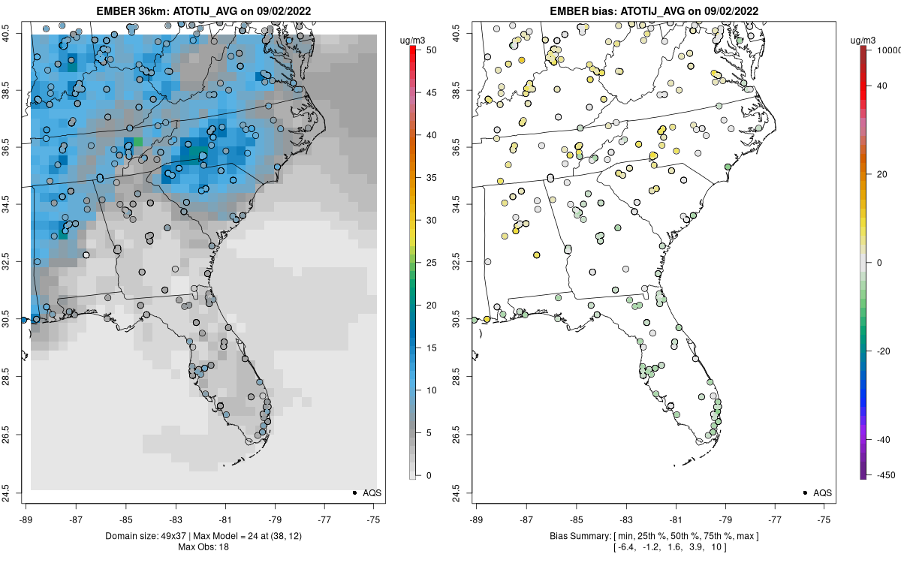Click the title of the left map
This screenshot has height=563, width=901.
click(203, 11)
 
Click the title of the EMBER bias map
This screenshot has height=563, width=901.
click(654, 11)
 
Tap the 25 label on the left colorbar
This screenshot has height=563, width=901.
click(432, 263)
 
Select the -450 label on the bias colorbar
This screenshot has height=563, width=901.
click(886, 475)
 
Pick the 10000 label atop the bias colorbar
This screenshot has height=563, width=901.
click(888, 50)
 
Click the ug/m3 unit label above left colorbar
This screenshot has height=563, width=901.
click(412, 41)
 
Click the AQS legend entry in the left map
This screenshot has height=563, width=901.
click(367, 492)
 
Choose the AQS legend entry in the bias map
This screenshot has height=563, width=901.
click(818, 492)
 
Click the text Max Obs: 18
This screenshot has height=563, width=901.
click(203, 547)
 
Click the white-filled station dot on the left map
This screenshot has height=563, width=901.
click(86, 255)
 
